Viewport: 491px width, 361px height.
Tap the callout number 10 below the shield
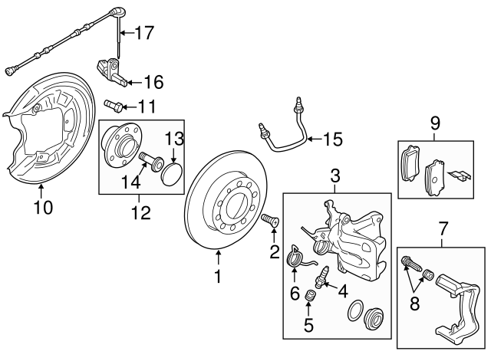pyautogui.click(x=44, y=207)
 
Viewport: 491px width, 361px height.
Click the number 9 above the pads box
pyautogui.click(x=435, y=123)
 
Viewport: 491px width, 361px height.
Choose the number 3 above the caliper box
pyautogui.click(x=334, y=177)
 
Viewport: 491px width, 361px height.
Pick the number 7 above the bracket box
pyautogui.click(x=442, y=228)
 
